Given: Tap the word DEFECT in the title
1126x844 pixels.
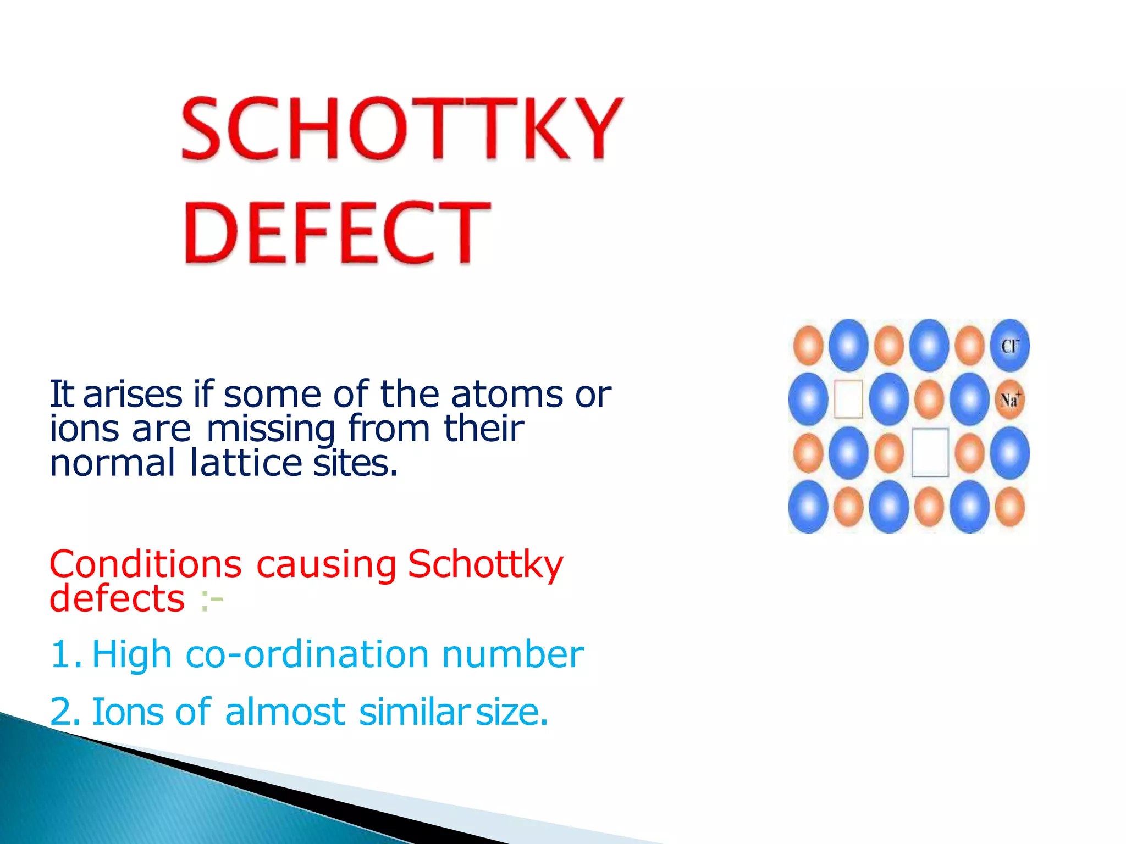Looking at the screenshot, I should [336, 232].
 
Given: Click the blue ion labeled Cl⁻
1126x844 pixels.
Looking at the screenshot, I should [1009, 346].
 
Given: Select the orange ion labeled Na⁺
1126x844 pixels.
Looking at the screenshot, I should [1010, 399].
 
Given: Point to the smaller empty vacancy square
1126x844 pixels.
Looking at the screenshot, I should [848, 399].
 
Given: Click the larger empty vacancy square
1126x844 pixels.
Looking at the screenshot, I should [930, 453].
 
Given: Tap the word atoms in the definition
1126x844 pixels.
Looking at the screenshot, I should [506, 394].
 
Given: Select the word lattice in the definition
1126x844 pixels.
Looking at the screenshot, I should [246, 463].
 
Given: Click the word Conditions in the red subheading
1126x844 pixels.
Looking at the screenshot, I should [145, 564].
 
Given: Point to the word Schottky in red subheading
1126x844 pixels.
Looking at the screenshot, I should [485, 564].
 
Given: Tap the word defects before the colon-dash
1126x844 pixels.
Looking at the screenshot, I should [117, 598].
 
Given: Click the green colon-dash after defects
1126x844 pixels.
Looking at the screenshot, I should [212, 599].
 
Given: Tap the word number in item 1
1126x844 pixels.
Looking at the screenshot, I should [512, 654].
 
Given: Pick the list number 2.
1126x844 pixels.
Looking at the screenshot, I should [64, 712].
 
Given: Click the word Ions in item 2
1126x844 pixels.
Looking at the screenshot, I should [127, 712].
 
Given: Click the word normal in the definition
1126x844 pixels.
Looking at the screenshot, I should [112, 463].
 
